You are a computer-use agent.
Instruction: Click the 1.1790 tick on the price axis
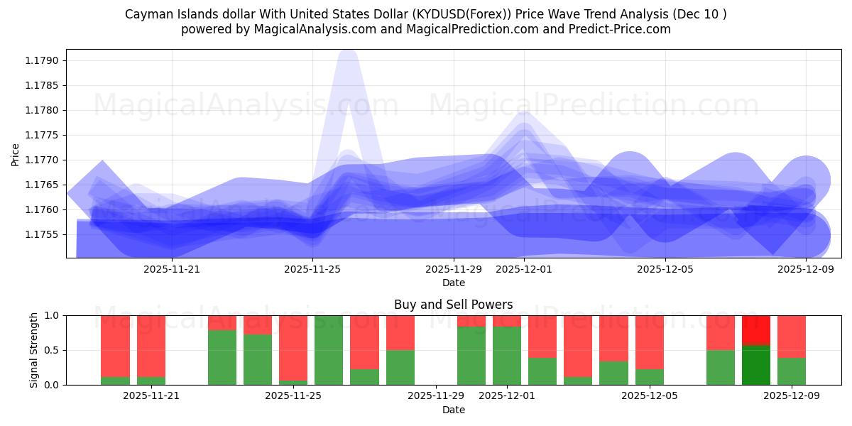[43, 60]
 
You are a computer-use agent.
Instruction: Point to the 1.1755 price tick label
[43, 234]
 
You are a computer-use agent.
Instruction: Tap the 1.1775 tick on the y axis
[43, 135]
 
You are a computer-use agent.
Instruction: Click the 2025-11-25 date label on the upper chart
[312, 269]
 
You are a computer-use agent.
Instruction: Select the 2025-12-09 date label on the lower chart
[792, 396]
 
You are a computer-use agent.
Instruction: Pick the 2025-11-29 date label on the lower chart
[436, 396]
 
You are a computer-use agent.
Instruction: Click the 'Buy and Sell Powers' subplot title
[454, 305]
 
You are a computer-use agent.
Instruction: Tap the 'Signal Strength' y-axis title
[34, 350]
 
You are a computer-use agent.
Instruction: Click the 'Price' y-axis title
[16, 154]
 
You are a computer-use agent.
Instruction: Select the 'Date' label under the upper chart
[454, 283]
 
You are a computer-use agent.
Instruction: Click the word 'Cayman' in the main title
[146, 14]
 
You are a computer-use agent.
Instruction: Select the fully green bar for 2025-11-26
[329, 350]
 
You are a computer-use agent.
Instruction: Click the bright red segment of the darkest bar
[756, 329]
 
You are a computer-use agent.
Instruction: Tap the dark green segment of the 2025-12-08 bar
[756, 365]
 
